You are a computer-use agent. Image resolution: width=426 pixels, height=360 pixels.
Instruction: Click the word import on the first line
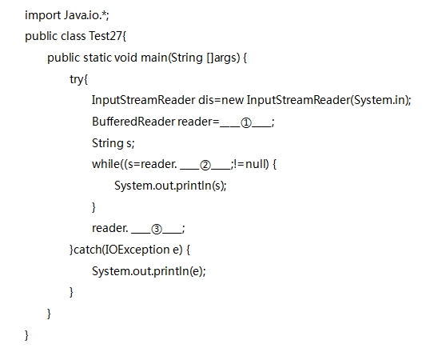42,15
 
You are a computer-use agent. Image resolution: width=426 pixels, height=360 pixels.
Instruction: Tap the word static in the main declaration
98,58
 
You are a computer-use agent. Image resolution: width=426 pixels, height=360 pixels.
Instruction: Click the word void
125,58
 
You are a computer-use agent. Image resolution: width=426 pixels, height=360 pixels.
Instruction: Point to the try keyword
77,79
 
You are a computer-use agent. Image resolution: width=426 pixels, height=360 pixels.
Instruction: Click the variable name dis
206,100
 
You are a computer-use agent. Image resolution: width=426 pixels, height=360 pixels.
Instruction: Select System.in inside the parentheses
380,100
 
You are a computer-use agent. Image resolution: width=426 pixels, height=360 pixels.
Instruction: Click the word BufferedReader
133,122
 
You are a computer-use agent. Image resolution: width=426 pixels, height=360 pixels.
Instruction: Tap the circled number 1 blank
246,123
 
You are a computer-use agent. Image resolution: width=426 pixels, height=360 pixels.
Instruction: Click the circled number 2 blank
205,166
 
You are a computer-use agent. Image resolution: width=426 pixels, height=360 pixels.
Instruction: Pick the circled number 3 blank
157,230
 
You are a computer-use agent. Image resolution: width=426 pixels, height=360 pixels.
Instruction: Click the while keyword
106,164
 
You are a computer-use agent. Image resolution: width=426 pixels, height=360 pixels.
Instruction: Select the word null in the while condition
256,164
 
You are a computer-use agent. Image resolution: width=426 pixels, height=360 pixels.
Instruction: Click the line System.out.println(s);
170,186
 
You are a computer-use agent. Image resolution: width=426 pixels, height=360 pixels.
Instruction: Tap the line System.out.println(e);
149,271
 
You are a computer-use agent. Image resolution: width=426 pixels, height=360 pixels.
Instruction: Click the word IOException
137,250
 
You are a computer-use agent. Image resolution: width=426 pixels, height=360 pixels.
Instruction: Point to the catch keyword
87,250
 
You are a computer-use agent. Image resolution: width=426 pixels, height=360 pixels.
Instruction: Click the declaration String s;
113,143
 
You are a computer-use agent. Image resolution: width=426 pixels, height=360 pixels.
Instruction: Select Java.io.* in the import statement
86,15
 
